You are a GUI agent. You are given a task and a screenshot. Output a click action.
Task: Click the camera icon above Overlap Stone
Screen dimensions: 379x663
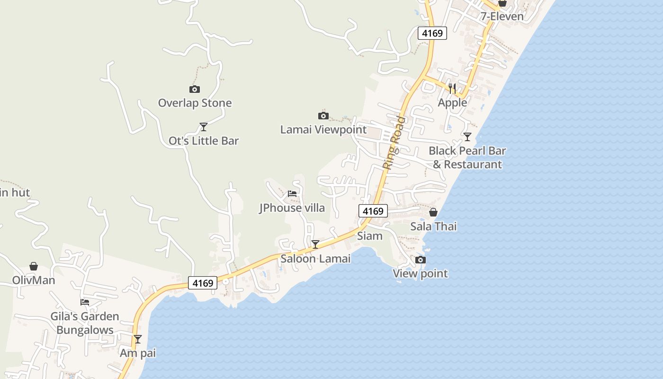coord(194,89)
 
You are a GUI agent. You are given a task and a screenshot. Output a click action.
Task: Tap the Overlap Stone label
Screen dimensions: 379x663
coord(195,103)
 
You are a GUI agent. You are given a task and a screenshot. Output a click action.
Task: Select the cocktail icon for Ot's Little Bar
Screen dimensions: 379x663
coord(204,127)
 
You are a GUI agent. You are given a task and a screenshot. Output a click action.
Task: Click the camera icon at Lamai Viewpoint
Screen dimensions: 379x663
coord(323,116)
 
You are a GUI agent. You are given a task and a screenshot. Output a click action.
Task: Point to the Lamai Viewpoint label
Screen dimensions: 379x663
coord(323,129)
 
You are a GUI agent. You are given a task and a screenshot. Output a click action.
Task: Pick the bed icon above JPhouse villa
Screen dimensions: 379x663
coord(292,194)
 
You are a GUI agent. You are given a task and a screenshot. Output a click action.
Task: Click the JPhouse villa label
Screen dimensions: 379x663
coord(292,208)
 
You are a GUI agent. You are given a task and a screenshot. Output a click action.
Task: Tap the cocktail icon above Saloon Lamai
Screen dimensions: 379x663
coord(315,244)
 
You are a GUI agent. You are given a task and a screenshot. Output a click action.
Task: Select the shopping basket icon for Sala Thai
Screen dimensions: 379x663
coord(433,212)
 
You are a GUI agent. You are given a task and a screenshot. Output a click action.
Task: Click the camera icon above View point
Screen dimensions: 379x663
coord(420,260)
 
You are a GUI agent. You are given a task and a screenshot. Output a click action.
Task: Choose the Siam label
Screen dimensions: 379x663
coord(369,235)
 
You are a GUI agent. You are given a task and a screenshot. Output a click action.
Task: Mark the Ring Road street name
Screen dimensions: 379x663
coord(394,143)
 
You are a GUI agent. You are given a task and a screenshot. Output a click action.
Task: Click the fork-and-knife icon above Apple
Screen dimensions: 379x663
coord(452,88)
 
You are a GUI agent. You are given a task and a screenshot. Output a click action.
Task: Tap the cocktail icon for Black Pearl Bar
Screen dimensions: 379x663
coord(467,137)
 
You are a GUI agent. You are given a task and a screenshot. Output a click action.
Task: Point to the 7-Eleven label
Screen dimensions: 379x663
coord(502,17)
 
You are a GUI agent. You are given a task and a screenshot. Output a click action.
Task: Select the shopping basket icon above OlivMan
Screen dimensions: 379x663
coord(34,266)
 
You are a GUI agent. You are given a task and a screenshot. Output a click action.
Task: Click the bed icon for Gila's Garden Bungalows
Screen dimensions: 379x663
coord(85,302)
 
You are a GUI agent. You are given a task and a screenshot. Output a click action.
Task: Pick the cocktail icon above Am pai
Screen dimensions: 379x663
coord(138,339)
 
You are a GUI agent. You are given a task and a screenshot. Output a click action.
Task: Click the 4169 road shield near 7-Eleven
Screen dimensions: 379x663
coord(432,33)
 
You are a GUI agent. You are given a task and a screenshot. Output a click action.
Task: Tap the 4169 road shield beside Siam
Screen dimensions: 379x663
coord(373,211)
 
